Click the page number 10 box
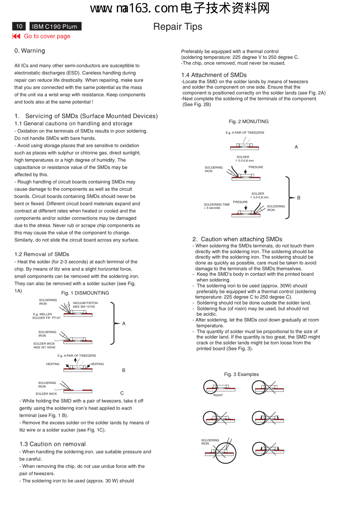point(19,26)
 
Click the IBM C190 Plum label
point(55,26)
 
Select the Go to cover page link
point(47,36)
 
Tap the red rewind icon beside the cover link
point(16,36)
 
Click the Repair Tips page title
point(177,27)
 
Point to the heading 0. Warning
point(30,51)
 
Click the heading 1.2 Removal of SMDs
point(42,254)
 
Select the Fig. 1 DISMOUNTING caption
point(85,293)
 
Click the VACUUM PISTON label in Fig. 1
point(85,303)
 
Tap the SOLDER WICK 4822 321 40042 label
point(44,345)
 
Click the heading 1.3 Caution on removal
point(53,444)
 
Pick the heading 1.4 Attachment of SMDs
point(214,75)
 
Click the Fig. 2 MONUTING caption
point(249,122)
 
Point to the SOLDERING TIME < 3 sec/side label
point(217,206)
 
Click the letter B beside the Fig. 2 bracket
point(299,198)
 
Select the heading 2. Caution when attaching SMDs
point(237,239)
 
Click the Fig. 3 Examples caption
point(241,375)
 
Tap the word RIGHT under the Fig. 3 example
point(218,395)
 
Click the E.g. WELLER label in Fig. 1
point(42,314)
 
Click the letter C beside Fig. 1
point(122,393)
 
